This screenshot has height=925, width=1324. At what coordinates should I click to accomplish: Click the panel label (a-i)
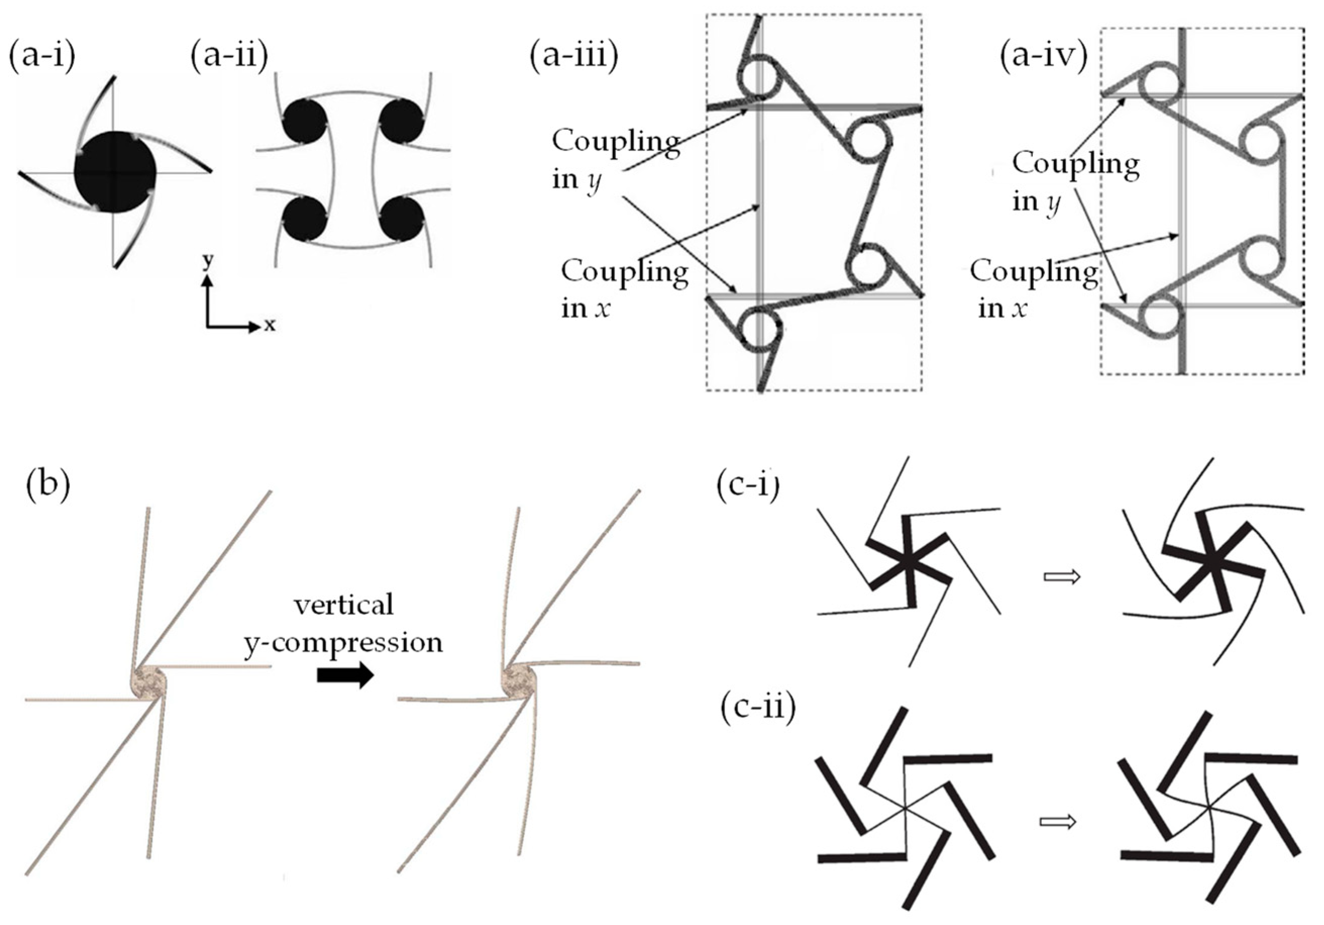[41, 58]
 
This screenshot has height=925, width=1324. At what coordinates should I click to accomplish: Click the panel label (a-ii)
[230, 58]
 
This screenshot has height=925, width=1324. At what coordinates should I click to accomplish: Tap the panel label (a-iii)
[574, 58]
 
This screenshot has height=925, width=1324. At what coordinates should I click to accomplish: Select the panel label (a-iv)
[1044, 58]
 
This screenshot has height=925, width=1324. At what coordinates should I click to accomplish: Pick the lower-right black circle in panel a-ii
[401, 218]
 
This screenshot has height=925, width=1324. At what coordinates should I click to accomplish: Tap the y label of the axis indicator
[207, 261]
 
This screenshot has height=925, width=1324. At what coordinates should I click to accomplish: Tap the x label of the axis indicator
[269, 326]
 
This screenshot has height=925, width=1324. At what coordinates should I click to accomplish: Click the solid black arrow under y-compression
[345, 675]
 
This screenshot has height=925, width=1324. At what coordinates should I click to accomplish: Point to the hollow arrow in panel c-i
[1062, 593]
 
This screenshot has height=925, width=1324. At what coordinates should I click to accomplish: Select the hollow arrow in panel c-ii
[1058, 821]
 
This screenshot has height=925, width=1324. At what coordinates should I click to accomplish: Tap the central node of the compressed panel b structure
[519, 682]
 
